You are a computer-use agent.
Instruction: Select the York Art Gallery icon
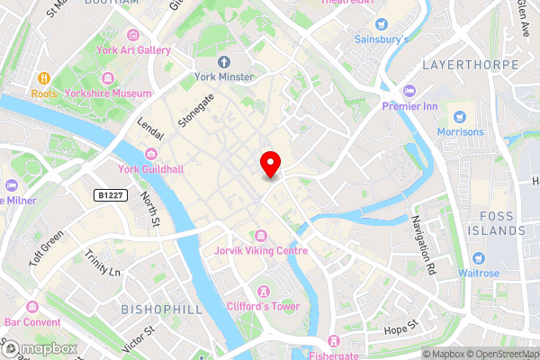point(134,35)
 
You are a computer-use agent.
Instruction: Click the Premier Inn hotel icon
point(410,91)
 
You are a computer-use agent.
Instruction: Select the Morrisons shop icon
point(460,116)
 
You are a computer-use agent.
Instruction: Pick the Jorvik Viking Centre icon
point(261,235)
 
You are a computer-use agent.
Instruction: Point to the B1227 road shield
point(110,193)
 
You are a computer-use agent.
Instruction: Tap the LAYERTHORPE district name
point(470,65)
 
